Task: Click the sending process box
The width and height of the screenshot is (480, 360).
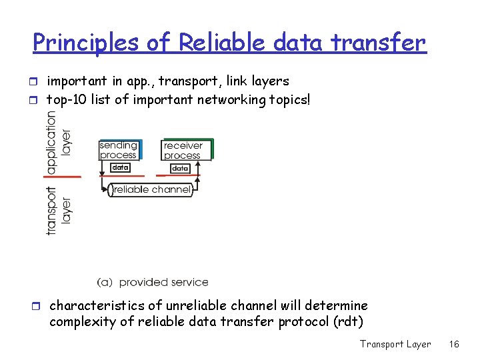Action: (119, 150)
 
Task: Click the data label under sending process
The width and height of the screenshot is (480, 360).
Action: (120, 168)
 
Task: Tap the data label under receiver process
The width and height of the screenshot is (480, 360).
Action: (180, 169)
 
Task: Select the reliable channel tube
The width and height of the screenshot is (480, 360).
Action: (151, 190)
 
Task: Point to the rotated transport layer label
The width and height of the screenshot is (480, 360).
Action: (58, 209)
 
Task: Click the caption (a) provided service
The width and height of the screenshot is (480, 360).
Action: (153, 283)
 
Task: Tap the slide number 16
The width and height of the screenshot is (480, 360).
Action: (455, 344)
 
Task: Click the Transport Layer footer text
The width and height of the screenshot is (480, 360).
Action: (395, 344)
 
